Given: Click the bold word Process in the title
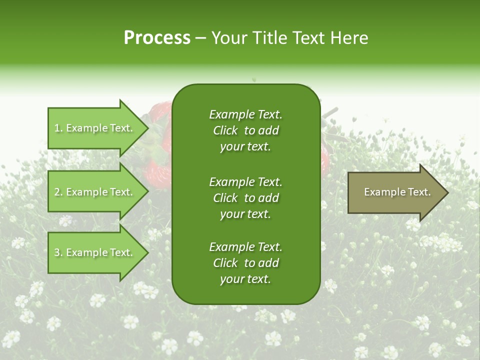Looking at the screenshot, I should click(157, 37).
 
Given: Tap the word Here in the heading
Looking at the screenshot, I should click(348, 37).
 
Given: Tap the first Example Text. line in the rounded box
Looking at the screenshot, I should click(245, 114).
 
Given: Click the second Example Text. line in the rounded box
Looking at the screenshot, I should click(245, 181).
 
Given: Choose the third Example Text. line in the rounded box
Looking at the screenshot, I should click(245, 247).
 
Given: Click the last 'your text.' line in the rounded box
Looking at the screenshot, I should click(245, 279).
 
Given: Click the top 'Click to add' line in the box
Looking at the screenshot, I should click(245, 130).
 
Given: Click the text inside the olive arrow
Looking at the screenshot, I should click(397, 192).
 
